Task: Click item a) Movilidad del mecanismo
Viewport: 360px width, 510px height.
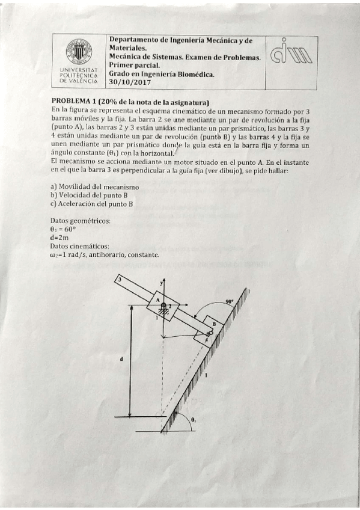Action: point(95,187)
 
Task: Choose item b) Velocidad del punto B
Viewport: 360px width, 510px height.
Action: point(88,195)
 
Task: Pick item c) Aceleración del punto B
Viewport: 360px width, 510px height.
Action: point(91,204)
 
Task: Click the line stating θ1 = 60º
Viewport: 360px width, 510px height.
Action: point(63,229)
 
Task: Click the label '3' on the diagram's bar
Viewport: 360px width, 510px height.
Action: point(119,280)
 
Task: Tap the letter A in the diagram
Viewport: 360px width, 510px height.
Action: point(157,300)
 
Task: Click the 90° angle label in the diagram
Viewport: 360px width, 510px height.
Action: point(229,301)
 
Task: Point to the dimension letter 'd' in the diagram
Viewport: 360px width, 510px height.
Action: point(122,359)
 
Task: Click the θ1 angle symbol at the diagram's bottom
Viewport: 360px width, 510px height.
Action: point(192,419)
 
